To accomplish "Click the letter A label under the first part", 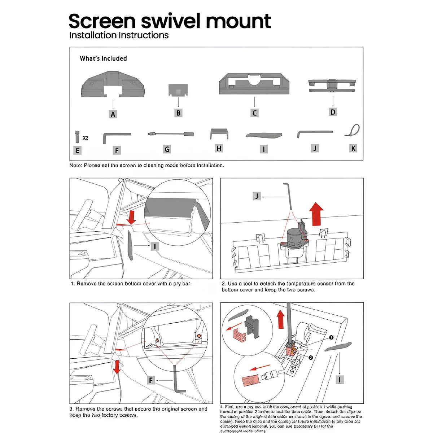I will point(113,114).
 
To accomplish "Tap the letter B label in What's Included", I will point(178,113).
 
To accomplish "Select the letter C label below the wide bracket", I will point(254,113).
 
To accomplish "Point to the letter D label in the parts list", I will point(333,112).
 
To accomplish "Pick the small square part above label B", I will point(178,90).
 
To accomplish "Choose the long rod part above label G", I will point(171,134).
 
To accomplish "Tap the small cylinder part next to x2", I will point(77,137).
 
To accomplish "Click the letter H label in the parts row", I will point(219,148).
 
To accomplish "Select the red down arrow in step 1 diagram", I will point(131,217).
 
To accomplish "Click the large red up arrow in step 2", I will point(317,214).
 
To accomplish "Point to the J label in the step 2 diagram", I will point(257,196).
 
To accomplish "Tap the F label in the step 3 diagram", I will point(151,380).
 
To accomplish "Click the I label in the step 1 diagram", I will point(154,246).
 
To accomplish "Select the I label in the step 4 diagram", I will point(340,379).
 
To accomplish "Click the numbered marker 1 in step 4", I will point(331,338).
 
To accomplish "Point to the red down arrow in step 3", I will point(117,367).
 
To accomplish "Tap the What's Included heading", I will point(103,58).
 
